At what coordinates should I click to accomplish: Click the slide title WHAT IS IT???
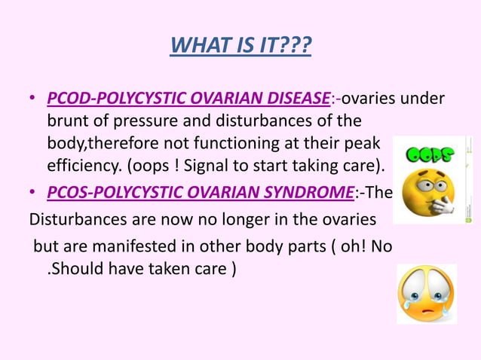pos(240,47)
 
